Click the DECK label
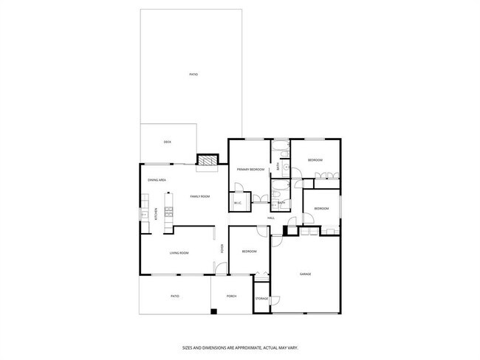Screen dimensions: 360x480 coord(168,142)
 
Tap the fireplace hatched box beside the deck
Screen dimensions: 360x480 coord(208,159)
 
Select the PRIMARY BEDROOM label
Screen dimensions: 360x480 coord(250,170)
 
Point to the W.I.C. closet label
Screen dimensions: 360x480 coord(238,203)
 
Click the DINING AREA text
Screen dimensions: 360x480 coord(157,180)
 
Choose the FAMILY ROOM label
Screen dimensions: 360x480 coord(200,196)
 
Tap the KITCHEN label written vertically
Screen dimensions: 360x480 coord(156,214)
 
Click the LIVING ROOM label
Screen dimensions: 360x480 coord(179,253)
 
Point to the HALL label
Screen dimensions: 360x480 coord(271,218)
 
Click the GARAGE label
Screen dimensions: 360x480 coord(305,274)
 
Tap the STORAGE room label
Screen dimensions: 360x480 coord(261,298)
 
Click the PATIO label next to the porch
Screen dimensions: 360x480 coord(175,296)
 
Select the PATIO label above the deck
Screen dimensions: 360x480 coord(193,75)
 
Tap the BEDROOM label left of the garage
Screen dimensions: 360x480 coord(250,252)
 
